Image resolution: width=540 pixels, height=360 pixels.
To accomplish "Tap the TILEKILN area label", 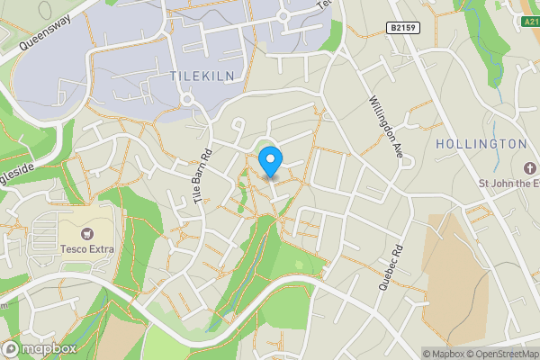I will point(202,77).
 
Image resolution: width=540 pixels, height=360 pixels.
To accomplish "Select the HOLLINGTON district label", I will point(481,144).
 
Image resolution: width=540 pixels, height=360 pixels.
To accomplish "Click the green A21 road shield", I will point(531,19).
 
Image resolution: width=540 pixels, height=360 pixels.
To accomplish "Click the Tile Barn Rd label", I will point(201,177).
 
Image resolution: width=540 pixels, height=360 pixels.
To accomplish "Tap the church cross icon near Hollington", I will point(528,168).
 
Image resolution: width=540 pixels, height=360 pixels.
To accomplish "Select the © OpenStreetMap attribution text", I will point(499,354).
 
